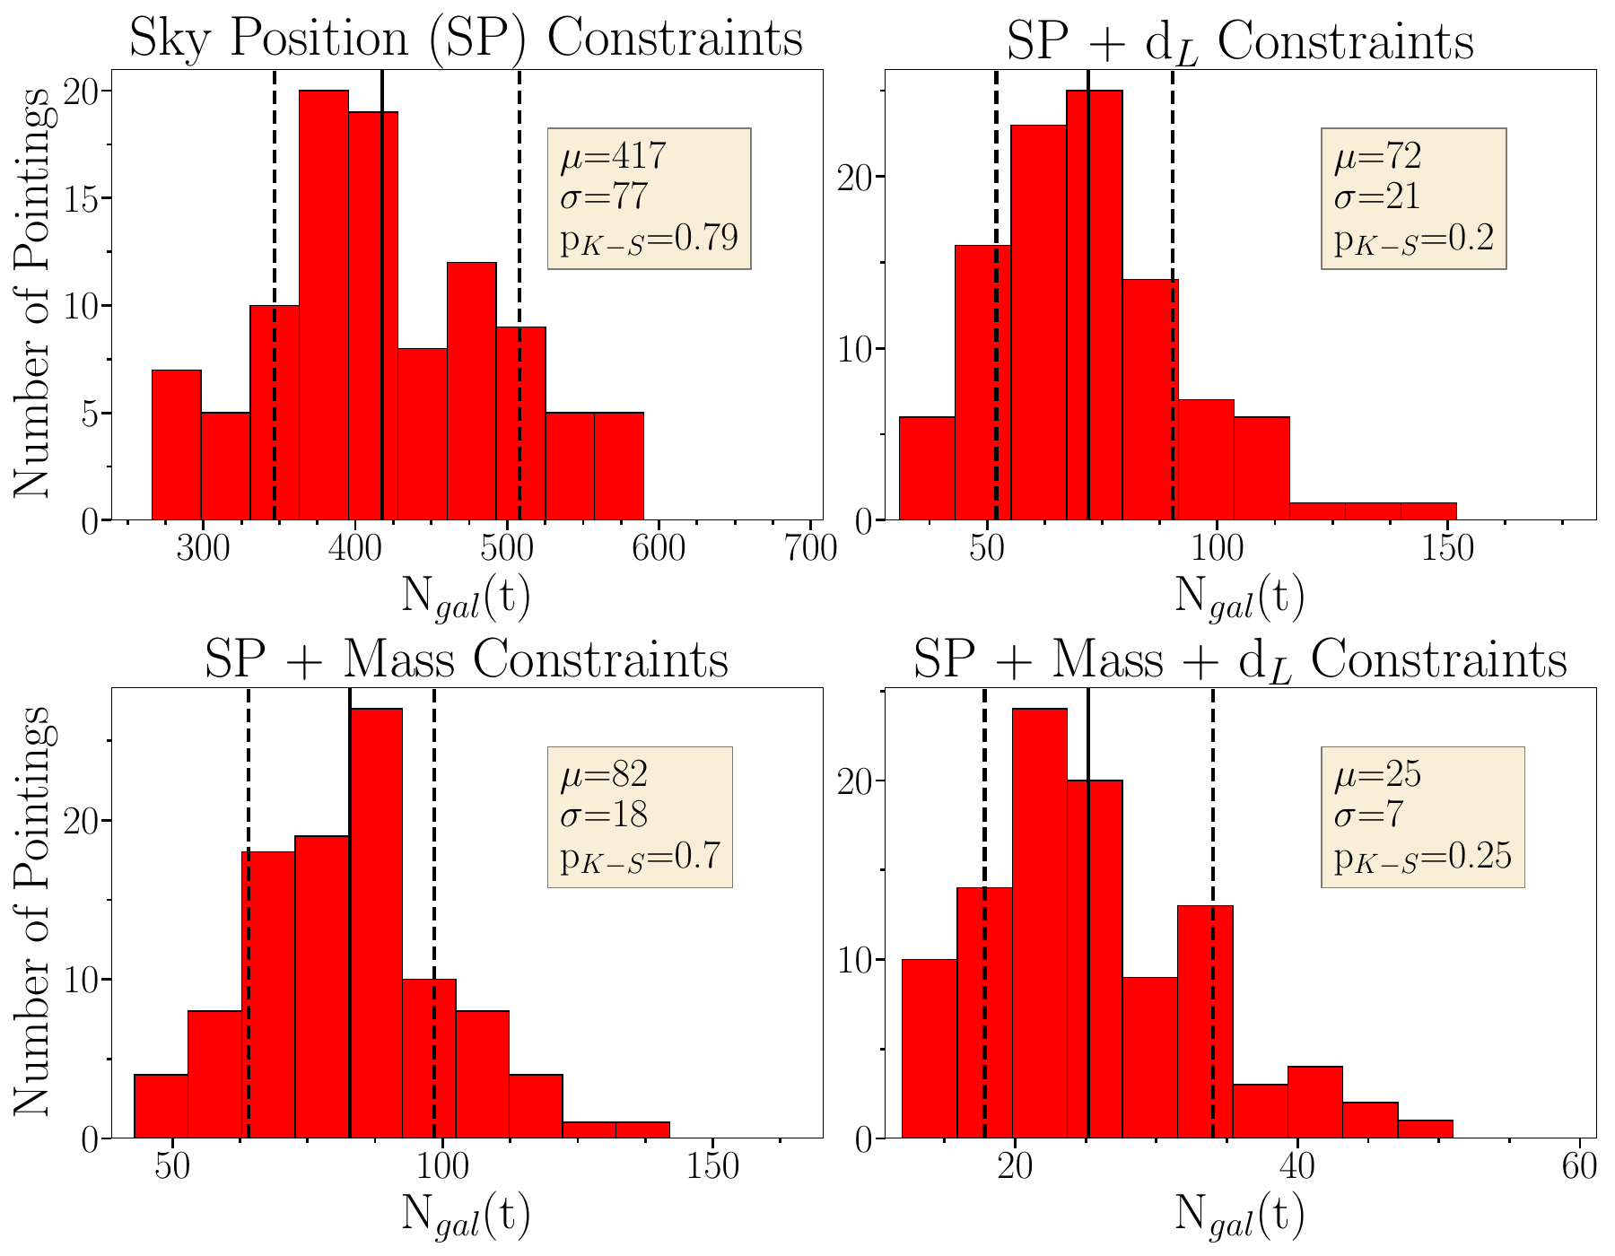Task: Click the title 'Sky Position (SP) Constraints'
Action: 466,39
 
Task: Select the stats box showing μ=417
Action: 649,198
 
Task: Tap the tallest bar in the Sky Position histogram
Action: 323,305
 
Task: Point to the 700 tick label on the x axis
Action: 811,547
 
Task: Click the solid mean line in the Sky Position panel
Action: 382,269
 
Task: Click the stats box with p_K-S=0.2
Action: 1413,198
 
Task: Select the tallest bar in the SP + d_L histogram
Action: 1094,305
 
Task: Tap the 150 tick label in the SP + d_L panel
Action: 1448,547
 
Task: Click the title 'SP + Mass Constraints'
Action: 466,659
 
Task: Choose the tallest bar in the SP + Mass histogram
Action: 375,924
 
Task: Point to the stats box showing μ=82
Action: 640,816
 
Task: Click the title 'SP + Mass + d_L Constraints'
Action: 1240,659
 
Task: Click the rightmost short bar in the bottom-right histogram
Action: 1425,1130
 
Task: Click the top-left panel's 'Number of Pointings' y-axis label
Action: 32,292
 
